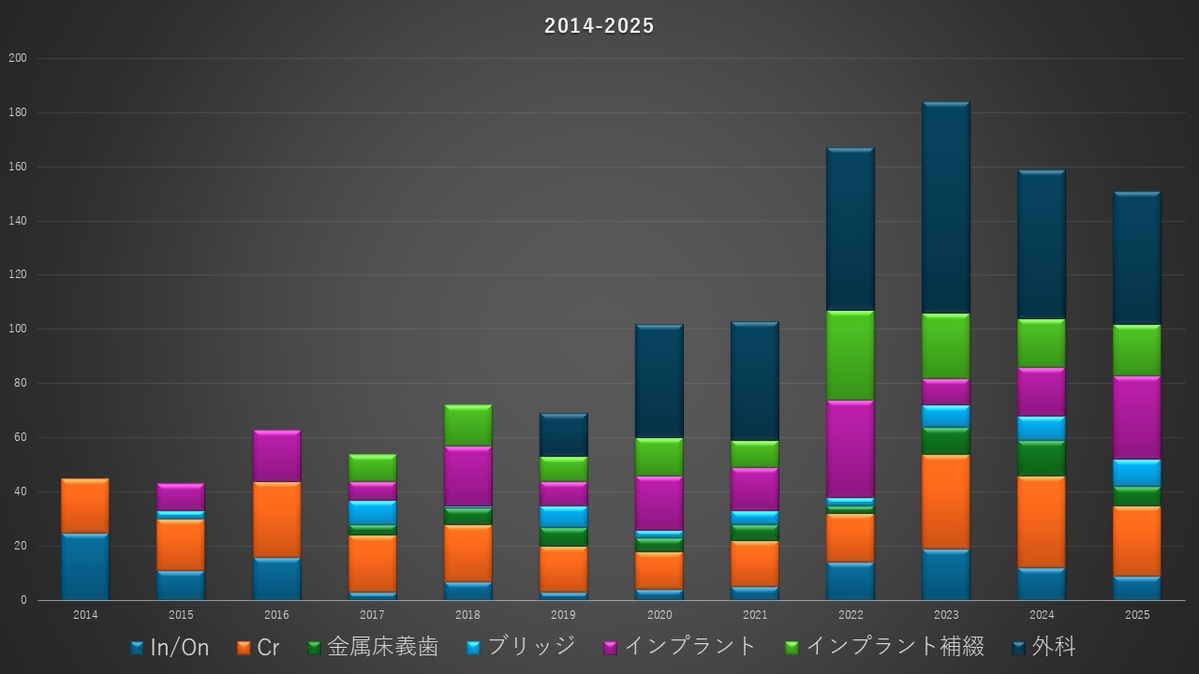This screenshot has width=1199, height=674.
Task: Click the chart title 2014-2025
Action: click(599, 26)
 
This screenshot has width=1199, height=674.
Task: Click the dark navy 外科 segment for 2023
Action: click(946, 208)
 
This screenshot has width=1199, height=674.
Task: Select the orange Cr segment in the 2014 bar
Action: click(85, 506)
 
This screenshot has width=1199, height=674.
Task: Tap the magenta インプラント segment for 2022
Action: click(851, 449)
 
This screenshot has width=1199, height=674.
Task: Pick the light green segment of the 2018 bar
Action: click(467, 426)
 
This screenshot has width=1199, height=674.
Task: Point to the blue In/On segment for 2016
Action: click(276, 579)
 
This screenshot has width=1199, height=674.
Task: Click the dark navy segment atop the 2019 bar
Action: click(563, 435)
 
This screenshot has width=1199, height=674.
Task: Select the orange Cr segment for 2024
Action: click(1042, 522)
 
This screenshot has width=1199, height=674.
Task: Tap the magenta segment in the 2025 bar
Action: click(1137, 418)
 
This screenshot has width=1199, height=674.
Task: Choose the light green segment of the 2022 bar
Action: click(851, 356)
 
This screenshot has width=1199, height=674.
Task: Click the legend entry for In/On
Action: click(170, 647)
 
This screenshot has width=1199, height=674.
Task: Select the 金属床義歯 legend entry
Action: click(373, 647)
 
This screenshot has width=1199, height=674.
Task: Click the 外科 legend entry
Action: click(1044, 647)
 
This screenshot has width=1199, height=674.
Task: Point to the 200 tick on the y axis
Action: click(18, 58)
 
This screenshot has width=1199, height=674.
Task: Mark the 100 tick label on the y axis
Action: click(18, 330)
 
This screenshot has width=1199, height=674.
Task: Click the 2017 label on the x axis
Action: click(372, 616)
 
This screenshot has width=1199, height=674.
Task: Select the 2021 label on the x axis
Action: click(755, 616)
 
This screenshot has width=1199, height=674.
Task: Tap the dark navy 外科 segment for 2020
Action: click(659, 381)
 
